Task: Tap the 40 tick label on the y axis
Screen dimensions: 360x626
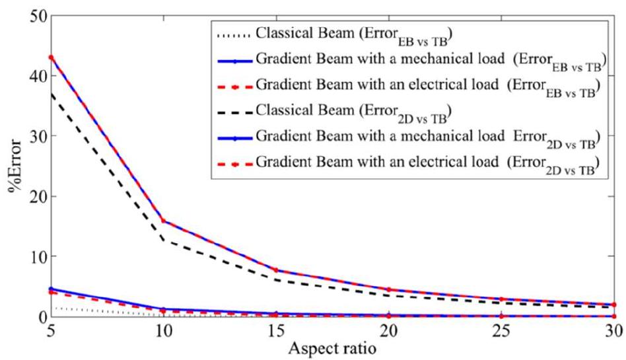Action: [x=29, y=77]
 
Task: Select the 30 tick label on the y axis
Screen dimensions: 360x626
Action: [x=29, y=137]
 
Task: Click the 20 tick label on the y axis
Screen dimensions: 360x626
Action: [x=29, y=197]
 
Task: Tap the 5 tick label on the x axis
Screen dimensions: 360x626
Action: [x=50, y=331]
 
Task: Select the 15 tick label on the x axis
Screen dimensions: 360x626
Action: [x=276, y=331]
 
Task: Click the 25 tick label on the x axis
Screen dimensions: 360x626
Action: [x=502, y=331]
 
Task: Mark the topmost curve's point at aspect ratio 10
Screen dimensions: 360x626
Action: [x=163, y=221]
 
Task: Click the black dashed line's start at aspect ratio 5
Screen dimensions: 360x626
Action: [x=50, y=93]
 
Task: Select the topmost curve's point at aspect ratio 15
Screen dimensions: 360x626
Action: [x=276, y=270]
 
